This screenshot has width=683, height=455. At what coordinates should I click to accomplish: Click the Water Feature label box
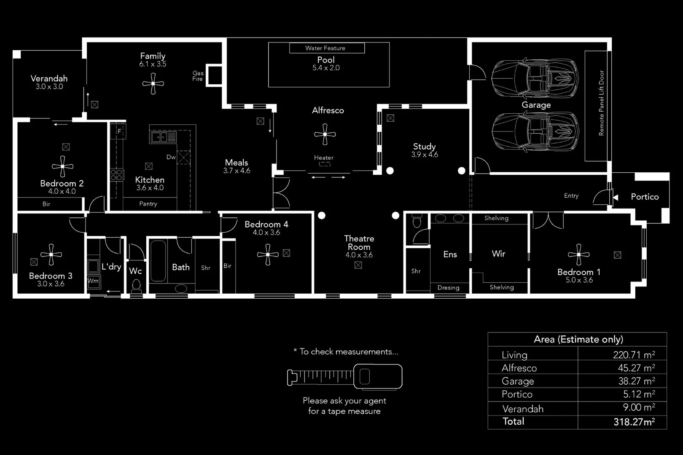pos(327,48)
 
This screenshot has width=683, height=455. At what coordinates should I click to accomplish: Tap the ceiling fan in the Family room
pos(153,83)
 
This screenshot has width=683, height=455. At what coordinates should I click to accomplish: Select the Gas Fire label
pos(198,76)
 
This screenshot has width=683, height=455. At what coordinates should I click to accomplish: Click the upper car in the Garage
pos(535,79)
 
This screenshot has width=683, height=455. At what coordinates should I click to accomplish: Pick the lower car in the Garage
pos(535,131)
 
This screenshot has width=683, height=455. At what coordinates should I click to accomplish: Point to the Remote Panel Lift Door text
pos(601,103)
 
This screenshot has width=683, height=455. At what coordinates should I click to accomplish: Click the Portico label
pos(644,197)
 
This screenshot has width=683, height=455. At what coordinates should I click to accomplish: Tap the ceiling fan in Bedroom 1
pos(578,254)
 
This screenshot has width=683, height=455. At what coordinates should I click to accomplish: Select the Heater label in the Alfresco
pos(323,158)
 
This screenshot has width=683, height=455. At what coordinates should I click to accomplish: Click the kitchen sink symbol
pos(164,137)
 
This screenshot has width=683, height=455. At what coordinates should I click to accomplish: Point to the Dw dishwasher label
pos(171,157)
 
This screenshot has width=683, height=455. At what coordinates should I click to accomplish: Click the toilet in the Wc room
pos(136,286)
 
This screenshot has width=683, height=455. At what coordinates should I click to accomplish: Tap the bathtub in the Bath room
pos(158,261)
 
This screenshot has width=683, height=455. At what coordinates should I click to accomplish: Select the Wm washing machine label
pos(93,281)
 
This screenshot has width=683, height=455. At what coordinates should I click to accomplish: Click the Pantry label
pos(148,204)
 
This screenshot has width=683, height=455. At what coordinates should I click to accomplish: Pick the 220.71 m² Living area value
pos(634,355)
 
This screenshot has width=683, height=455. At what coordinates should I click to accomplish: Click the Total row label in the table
pos(513,421)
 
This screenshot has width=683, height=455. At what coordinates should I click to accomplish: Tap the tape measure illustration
pos(344,376)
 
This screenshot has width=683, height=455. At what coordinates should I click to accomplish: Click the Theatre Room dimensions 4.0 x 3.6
pos(359,255)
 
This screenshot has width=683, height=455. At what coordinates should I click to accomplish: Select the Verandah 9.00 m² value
pos(639,407)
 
